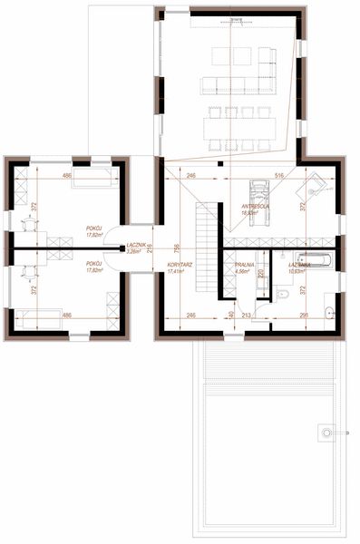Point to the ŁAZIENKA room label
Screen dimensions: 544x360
[x=300, y=265]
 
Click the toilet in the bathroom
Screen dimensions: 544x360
[x=283, y=296]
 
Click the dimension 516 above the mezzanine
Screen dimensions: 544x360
[x=279, y=173]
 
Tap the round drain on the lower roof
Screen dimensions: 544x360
[x=325, y=435]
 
